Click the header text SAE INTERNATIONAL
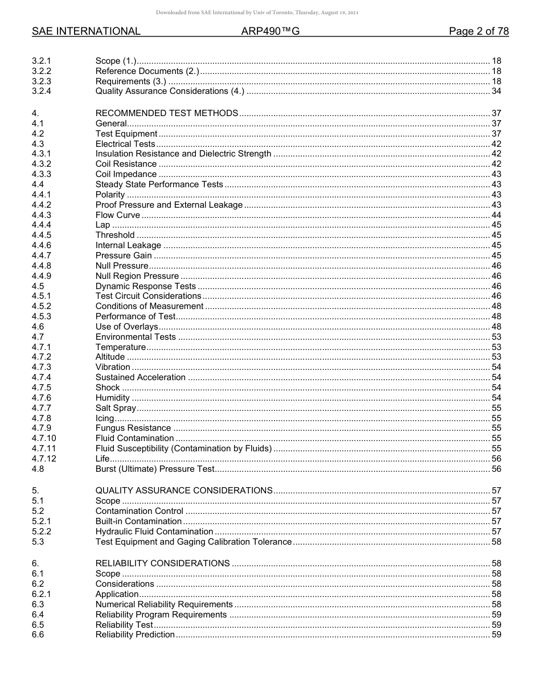click(86, 31)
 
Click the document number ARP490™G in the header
click(270, 31)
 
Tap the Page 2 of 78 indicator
click(478, 31)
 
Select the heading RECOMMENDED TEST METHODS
click(166, 113)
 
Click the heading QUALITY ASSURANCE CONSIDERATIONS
click(183, 491)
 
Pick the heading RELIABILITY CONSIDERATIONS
click(162, 563)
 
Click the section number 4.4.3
click(42, 215)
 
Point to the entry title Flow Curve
click(117, 215)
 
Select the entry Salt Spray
click(116, 408)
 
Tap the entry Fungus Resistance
click(133, 428)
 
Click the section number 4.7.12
click(44, 459)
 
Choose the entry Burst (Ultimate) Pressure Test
click(155, 469)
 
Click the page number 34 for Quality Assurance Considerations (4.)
click(496, 91)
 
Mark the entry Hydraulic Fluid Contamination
click(154, 532)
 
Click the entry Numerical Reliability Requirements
click(164, 604)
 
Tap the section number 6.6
click(38, 635)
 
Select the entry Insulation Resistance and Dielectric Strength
click(183, 154)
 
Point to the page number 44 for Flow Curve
click(496, 215)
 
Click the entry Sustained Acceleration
click(140, 377)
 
